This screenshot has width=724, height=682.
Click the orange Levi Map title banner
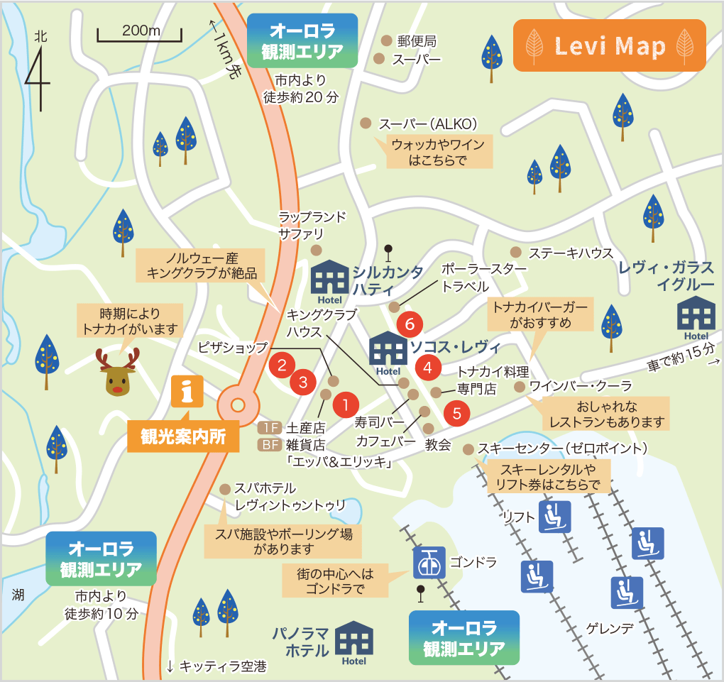609,46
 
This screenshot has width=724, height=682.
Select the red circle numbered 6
410,324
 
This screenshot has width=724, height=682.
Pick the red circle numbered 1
345,405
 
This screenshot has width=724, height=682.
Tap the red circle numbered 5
456,412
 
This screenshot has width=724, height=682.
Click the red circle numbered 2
282,365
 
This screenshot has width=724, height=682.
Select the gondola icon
429,563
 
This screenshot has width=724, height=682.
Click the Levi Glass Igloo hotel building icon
696,317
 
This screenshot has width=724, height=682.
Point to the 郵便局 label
417,41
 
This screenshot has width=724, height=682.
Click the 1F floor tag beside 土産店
269,428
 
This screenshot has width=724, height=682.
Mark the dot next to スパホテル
225,489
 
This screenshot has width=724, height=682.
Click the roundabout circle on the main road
238,405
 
